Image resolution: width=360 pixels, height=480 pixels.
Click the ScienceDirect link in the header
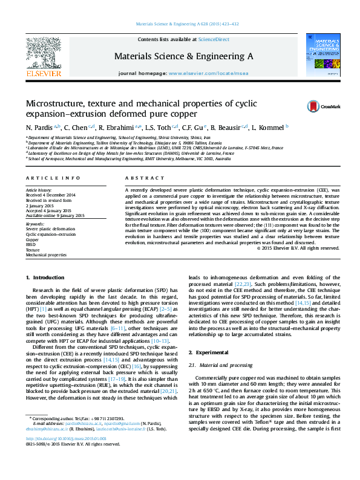(214, 39)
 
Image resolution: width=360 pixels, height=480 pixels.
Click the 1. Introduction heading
(45, 277)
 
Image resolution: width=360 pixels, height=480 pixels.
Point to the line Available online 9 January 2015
(55, 216)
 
